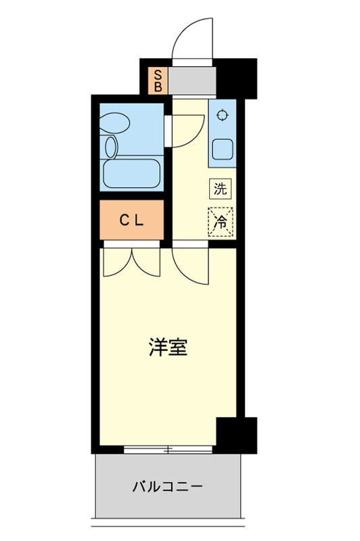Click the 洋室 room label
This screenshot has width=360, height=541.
(168, 349)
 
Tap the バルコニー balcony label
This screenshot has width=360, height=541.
(167, 486)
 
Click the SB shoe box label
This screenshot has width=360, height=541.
(158, 80)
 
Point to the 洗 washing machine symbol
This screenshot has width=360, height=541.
(221, 189)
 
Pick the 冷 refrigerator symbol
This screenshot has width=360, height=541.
(221, 219)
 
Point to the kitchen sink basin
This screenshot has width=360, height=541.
(221, 148)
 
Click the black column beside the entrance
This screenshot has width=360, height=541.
(237, 78)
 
